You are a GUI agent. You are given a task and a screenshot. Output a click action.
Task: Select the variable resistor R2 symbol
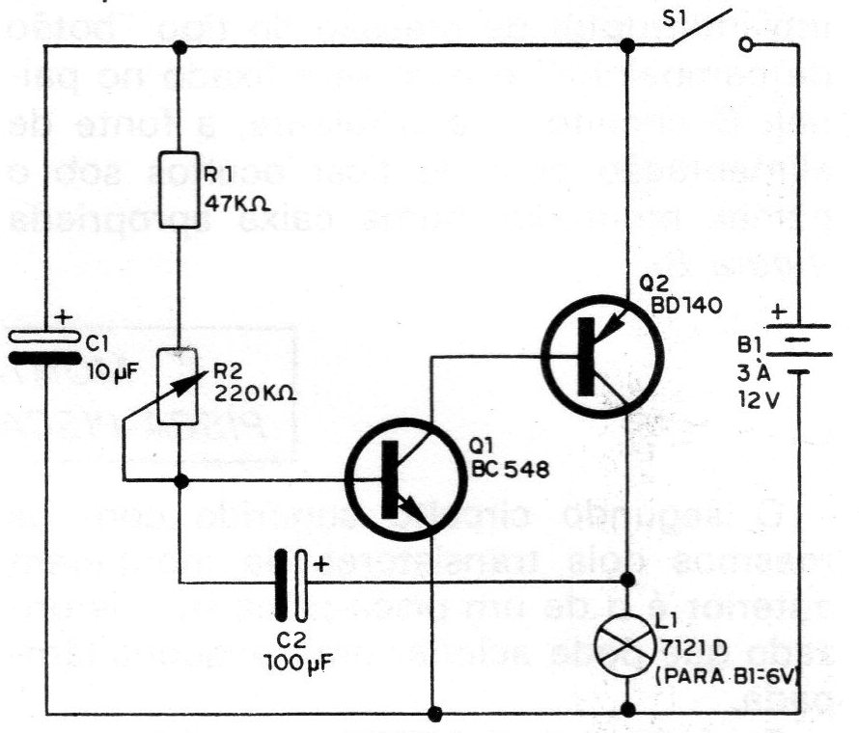pyautogui.click(x=180, y=386)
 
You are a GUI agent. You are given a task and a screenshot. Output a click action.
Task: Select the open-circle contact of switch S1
pyautogui.click(x=745, y=44)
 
